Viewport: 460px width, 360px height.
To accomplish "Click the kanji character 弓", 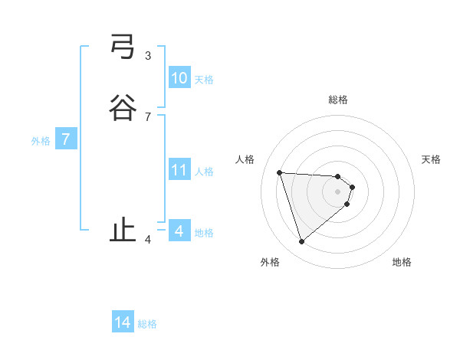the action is pyautogui.click(x=123, y=47).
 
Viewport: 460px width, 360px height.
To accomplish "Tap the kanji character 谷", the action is pyautogui.click(x=123, y=107).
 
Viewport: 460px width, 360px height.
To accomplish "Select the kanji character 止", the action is pyautogui.click(x=123, y=230).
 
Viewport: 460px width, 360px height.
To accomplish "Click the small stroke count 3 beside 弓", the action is pyautogui.click(x=148, y=55).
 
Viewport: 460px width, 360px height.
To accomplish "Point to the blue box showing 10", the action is pyautogui.click(x=179, y=78).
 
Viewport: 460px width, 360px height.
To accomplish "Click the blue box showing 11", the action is pyautogui.click(x=179, y=170).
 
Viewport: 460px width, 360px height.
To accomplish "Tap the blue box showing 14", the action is pyautogui.click(x=123, y=322).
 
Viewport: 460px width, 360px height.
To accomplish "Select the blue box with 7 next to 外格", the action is pyautogui.click(x=66, y=139).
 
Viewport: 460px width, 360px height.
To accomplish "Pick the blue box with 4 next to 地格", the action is pyautogui.click(x=179, y=231).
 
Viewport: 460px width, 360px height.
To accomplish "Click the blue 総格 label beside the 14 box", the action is pyautogui.click(x=147, y=324).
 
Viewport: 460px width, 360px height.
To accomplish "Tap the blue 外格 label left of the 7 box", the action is pyautogui.click(x=40, y=141).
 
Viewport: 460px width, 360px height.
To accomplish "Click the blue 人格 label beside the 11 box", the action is pyautogui.click(x=205, y=172).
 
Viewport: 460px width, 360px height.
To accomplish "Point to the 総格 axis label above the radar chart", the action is pyautogui.click(x=338, y=100).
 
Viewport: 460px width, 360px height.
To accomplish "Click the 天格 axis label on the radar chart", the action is pyautogui.click(x=431, y=159).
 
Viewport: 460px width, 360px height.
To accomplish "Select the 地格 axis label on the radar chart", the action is pyautogui.click(x=402, y=262).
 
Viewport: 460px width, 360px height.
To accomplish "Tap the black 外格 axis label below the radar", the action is pyautogui.click(x=270, y=262).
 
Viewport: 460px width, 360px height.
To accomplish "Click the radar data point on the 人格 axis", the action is pyautogui.click(x=280, y=172).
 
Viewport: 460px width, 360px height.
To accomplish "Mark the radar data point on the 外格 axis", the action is pyautogui.click(x=301, y=242).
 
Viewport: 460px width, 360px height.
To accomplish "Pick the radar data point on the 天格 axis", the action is pyautogui.click(x=352, y=187).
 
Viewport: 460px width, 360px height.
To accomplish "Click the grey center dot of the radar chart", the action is pyautogui.click(x=338, y=191).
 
